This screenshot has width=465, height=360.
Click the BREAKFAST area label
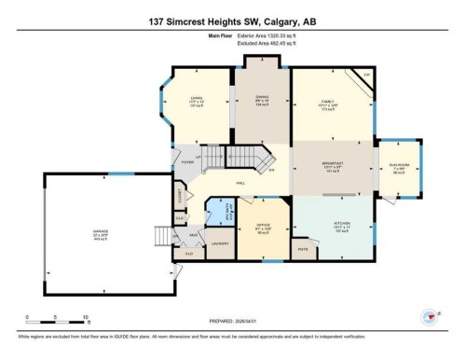333,164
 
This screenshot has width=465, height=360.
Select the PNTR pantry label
303,249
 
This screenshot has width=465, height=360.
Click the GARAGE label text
99,233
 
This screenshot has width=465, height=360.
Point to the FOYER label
187,161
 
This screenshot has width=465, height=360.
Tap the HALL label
240,183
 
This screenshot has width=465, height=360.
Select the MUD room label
193,234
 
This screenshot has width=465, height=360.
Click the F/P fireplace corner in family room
366,76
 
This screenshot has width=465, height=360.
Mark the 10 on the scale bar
86,317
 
